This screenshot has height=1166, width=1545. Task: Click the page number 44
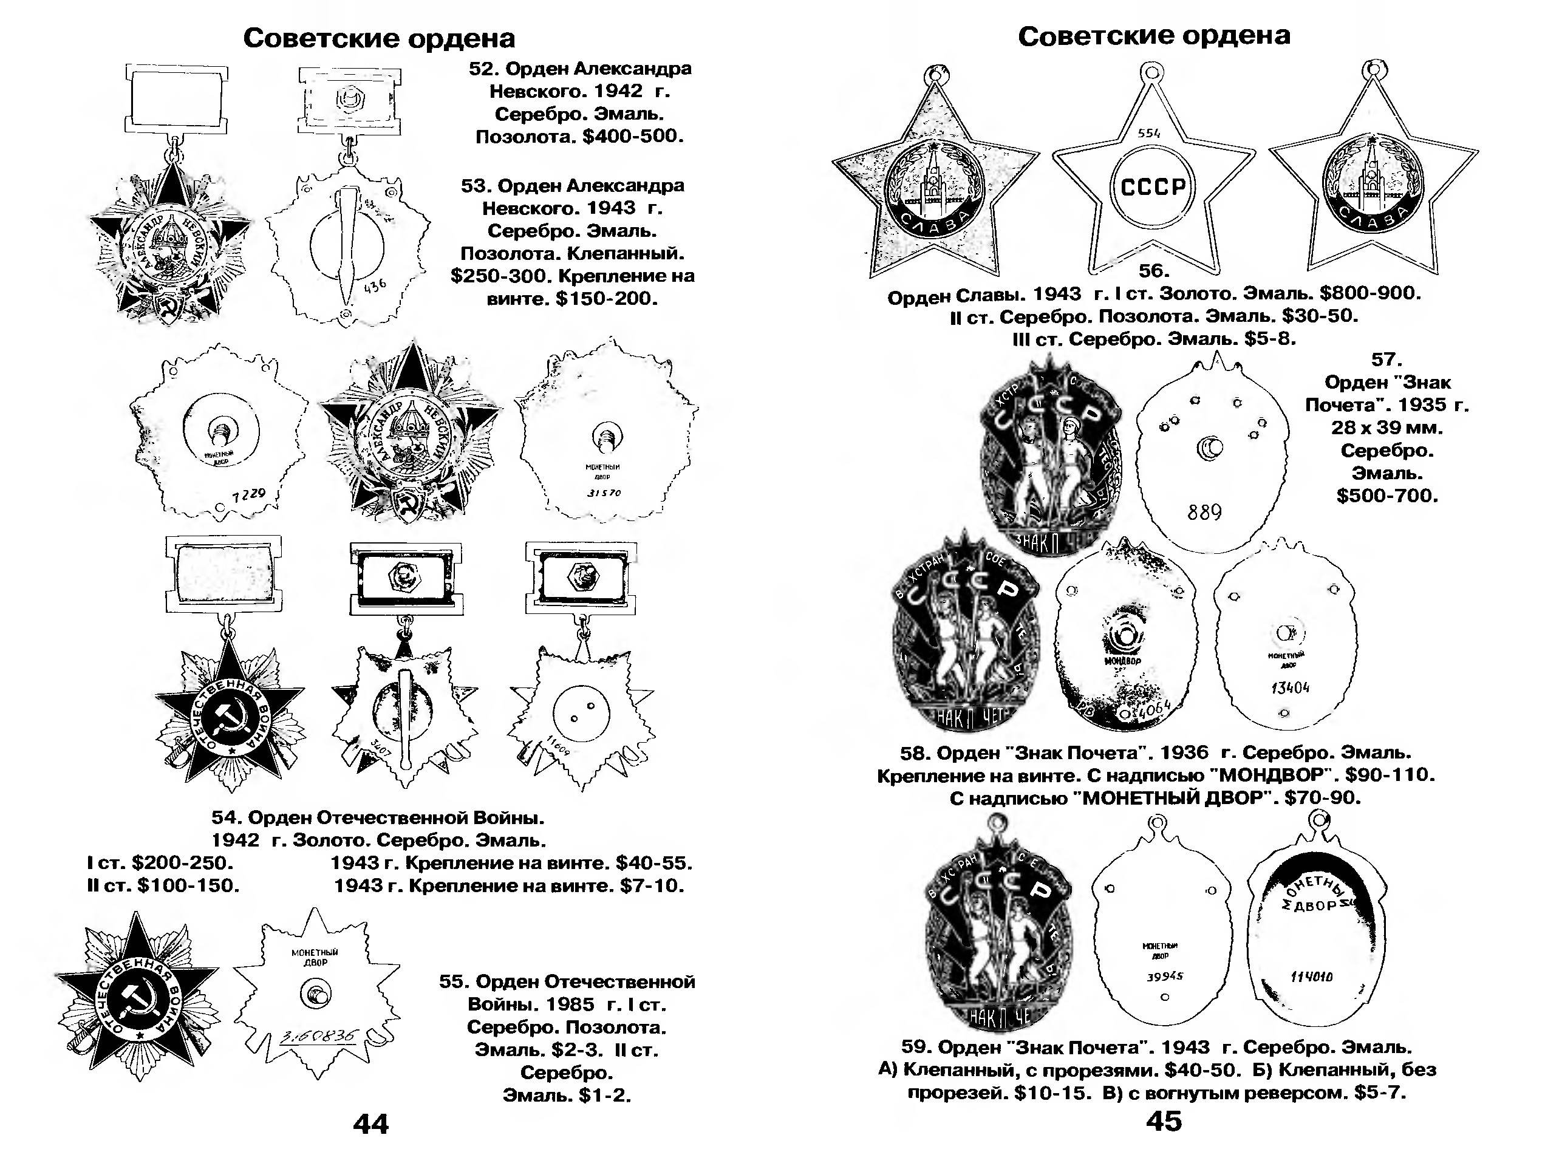coord(371,1123)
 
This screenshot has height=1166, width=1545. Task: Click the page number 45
coord(1164,1121)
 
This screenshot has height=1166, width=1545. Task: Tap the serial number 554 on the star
coord(1149,133)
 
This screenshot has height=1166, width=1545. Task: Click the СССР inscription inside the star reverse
coord(1153,187)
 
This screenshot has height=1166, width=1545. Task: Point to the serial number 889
coord(1205,513)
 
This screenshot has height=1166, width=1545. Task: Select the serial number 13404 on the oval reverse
coord(1290,687)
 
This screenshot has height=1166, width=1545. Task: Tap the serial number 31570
coord(604,493)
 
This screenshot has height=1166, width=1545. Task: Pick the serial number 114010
coord(1312,977)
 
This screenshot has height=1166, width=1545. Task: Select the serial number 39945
coord(1165,977)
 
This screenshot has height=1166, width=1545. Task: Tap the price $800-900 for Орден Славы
coord(1369,293)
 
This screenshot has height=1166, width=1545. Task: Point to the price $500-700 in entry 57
coord(1387,496)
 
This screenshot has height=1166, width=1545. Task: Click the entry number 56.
coord(1153,270)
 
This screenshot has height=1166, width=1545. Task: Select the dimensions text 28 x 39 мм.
coord(1386,428)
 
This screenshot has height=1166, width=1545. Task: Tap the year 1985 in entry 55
coord(570,1004)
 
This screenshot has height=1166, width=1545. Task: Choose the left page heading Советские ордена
coord(379,38)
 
